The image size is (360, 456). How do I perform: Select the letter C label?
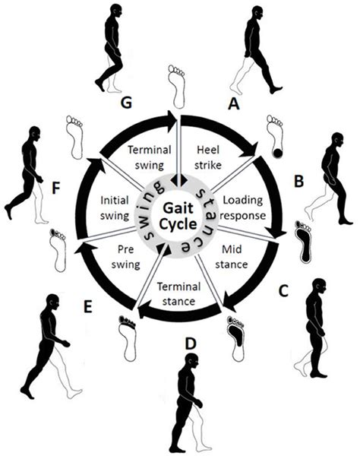click(284, 289)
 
